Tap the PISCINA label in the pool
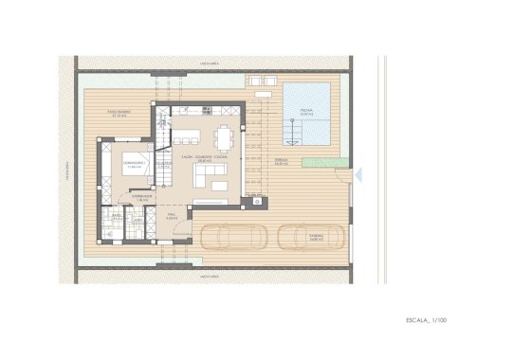(306, 111)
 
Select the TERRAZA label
(282, 162)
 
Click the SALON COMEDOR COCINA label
(204, 157)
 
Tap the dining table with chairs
(223, 140)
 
